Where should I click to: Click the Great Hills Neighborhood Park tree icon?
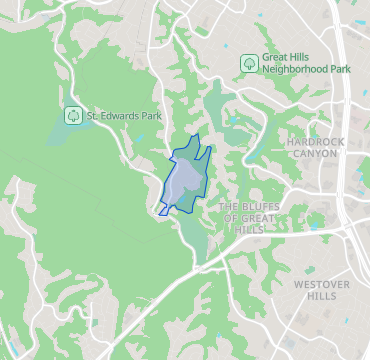(247, 64)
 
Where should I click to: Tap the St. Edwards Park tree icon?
(73, 115)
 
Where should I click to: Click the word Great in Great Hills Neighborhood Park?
(276, 58)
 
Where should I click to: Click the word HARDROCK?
(315, 142)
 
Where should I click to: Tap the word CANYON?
(315, 154)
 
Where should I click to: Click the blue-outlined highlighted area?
(184, 180)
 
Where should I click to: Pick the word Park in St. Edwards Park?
(152, 115)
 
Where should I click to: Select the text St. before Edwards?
(92, 115)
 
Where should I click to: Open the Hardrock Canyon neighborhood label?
(315, 148)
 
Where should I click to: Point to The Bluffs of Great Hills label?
(245, 217)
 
